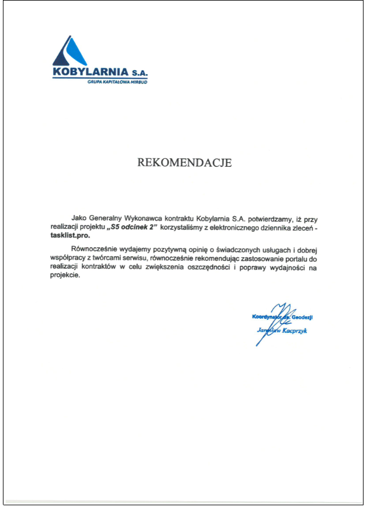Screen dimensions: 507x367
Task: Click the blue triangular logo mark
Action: coord(69,52)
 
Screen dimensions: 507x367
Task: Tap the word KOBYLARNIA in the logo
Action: coord(90,73)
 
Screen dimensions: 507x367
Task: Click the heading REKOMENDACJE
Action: coord(184,163)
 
